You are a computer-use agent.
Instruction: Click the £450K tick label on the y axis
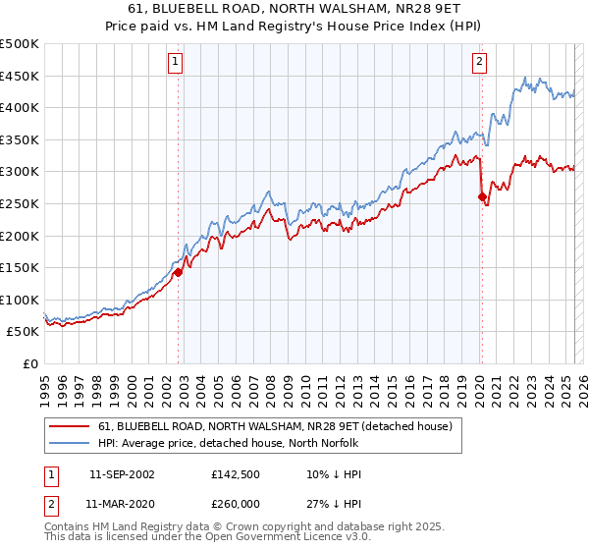(x=20, y=77)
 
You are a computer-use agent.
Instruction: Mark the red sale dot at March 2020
(x=482, y=197)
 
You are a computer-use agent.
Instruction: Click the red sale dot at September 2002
(x=179, y=273)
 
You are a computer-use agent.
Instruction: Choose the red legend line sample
(x=69, y=426)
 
